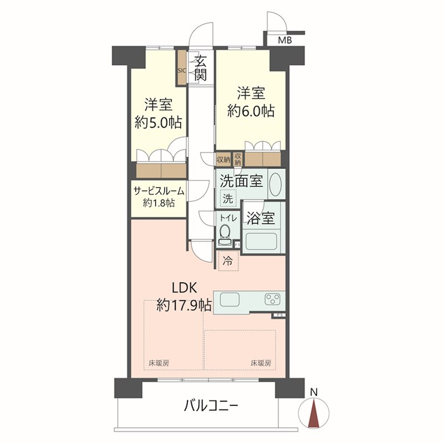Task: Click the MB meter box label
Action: (284, 40)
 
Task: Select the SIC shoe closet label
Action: (181, 71)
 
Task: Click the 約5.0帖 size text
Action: (159, 122)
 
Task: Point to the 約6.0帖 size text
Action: (251, 110)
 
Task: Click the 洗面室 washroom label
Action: (241, 181)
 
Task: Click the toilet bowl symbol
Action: (225, 233)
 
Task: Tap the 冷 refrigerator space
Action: (228, 260)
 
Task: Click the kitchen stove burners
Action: (273, 300)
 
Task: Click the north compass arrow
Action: (314, 414)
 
